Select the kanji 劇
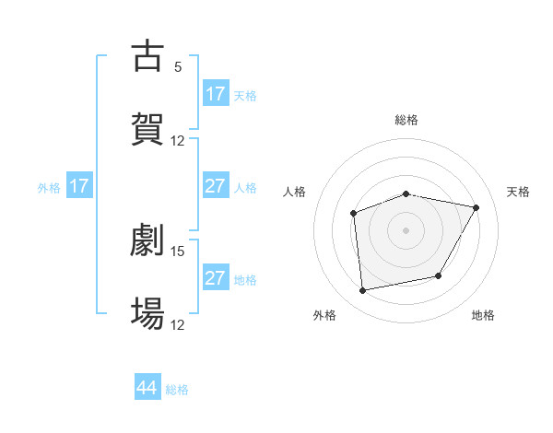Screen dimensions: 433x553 pos(147,240)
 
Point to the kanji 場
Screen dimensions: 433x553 pos(147,313)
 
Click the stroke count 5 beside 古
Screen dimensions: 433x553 pos(178,66)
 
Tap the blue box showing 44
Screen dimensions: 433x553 pos(147,388)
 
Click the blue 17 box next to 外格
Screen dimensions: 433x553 pos(79,186)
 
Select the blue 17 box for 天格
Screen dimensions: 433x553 pos(216,94)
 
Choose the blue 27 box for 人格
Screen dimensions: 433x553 pos(216,186)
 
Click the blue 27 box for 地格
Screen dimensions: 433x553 pos(216,278)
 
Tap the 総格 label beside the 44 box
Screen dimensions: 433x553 pos(177,390)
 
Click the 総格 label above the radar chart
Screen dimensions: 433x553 pos(406,120)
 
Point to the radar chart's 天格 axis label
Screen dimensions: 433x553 pos(519,192)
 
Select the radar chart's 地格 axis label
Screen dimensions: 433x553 pos(483,315)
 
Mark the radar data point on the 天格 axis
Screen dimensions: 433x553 pos(476,208)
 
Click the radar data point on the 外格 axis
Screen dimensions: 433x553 pos(363,291)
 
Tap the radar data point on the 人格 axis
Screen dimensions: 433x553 pos(354,214)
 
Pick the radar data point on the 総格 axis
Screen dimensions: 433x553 pos(406,194)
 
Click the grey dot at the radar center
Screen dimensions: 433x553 pos(406,230)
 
